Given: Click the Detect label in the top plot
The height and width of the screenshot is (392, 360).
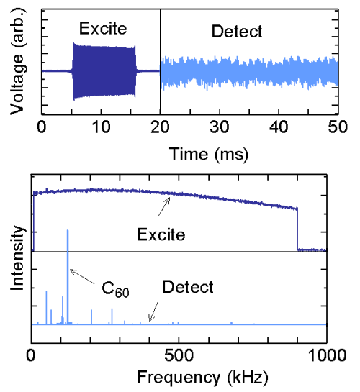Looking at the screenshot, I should point(237,32).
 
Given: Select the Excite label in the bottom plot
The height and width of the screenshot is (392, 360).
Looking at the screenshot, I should point(162,234).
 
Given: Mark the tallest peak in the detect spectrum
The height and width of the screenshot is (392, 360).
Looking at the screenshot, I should point(68,232).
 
